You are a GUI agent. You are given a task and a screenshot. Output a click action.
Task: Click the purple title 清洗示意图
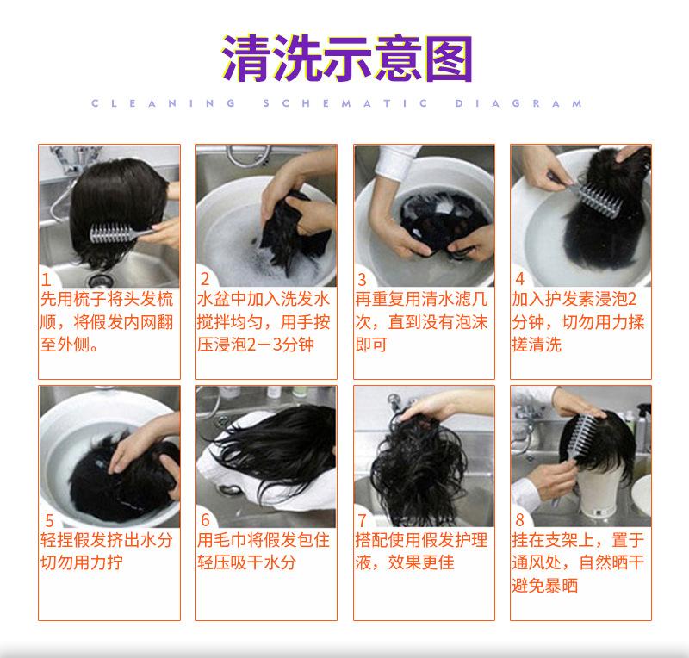coord(347,59)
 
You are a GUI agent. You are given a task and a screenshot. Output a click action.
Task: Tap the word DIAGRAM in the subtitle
coord(518,103)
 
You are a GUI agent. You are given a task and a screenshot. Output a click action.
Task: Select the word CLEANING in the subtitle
coord(164,103)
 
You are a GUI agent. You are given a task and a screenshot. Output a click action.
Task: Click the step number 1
coord(47,280)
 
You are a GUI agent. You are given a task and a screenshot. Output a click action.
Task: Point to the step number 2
coord(205,279)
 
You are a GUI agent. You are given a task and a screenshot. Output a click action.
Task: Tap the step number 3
coord(362,280)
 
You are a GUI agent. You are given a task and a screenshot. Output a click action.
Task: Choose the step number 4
coord(520,279)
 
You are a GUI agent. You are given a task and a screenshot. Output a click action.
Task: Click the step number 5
coord(49,521)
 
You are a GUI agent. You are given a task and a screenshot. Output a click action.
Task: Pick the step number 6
coord(205,520)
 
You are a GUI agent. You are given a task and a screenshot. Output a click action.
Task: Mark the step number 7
coord(362,520)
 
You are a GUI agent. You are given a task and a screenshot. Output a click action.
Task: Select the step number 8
coord(520,520)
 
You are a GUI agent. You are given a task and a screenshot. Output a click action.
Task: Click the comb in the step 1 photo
coord(121,232)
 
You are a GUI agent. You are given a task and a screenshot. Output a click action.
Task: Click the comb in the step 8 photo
coord(579,444)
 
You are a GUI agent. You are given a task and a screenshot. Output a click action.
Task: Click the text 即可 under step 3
coord(371,345)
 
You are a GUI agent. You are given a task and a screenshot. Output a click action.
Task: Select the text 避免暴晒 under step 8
coord(545,586)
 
